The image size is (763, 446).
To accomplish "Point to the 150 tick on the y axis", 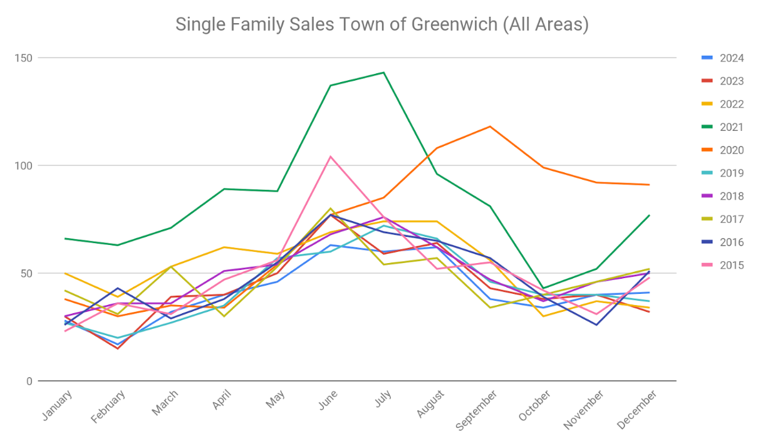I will point(24,58).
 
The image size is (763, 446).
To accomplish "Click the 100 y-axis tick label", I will point(24,166).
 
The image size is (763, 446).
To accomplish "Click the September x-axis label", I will point(477,410).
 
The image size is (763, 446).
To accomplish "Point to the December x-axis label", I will point(637,410).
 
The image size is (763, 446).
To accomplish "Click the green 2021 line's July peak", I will point(383,73).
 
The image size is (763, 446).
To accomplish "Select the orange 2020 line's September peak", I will point(490,127).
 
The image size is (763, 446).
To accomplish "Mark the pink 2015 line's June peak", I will point(330,157).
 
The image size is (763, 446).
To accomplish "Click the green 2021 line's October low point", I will point(543,288).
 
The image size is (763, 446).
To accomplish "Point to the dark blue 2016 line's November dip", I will point(596,324).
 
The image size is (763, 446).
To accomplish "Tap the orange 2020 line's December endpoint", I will point(650,185).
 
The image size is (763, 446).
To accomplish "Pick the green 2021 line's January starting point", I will point(65,239).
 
